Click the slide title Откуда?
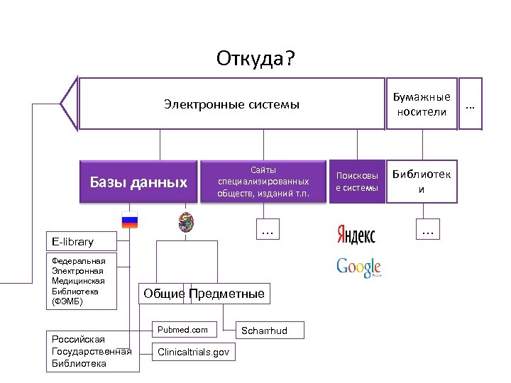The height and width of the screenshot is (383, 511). (255, 58)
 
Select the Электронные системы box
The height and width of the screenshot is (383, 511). (231, 104)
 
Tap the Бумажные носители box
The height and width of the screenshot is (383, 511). (422, 104)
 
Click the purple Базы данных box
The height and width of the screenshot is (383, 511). (138, 183)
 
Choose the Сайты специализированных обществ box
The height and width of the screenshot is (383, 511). (263, 182)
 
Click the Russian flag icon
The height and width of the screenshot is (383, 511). (130, 220)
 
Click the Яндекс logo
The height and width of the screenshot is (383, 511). (356, 234)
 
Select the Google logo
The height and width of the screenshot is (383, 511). (358, 267)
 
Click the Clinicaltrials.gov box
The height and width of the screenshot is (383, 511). (193, 352)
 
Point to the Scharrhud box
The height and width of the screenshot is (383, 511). (270, 331)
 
